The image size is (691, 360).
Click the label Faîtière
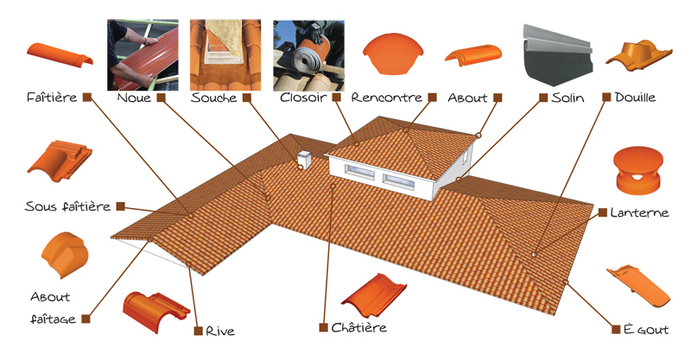[52, 97]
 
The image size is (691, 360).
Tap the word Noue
[134, 98]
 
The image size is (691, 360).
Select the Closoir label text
[303, 97]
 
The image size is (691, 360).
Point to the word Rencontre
[386, 98]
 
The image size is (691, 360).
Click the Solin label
[567, 98]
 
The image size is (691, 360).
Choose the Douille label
[635, 97]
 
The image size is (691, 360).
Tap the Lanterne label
[639, 213]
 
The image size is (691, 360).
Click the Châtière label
[358, 327]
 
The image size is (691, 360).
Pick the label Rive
[220, 331]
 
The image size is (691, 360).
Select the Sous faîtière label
[67, 206]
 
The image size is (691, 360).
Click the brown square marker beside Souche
[247, 98]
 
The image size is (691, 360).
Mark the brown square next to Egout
[616, 329]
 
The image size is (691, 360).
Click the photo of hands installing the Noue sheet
[143, 55]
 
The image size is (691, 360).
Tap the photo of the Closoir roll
[308, 55]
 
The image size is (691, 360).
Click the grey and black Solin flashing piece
[557, 55]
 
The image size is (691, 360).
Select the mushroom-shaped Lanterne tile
[637, 170]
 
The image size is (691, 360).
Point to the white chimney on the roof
[304, 160]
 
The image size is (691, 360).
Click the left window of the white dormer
[360, 172]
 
